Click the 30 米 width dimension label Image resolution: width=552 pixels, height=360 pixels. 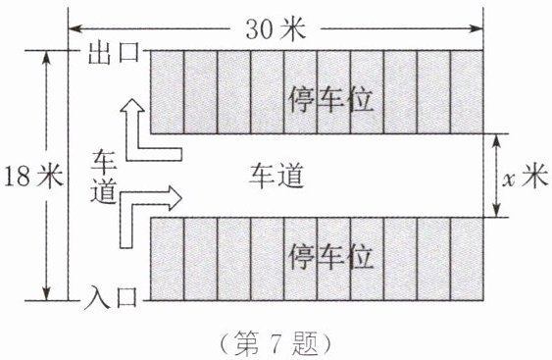tap(276, 28)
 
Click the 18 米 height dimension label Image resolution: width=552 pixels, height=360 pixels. tap(33, 176)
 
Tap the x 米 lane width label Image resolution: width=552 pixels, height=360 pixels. tap(526, 176)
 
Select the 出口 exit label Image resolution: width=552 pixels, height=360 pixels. tap(114, 53)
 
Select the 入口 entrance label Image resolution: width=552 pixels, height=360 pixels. tap(111, 297)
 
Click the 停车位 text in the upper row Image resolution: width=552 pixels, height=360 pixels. tap(330, 100)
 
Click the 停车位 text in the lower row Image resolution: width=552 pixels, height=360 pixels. tap(330, 256)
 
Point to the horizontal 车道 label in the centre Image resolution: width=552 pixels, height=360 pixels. tap(276, 176)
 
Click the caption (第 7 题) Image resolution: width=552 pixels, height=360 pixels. tap(276, 343)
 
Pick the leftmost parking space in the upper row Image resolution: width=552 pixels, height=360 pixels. tap(168, 92)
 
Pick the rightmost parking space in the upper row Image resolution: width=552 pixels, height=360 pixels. tap(467, 92)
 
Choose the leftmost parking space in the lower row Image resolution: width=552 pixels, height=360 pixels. tap(168, 259)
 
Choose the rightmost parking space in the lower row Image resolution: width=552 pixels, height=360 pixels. tap(467, 259)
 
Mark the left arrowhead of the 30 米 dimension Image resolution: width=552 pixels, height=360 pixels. tap(75, 28)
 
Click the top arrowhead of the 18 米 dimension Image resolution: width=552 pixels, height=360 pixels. tap(46, 58)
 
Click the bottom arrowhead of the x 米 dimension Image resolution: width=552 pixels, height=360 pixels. tap(496, 210)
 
